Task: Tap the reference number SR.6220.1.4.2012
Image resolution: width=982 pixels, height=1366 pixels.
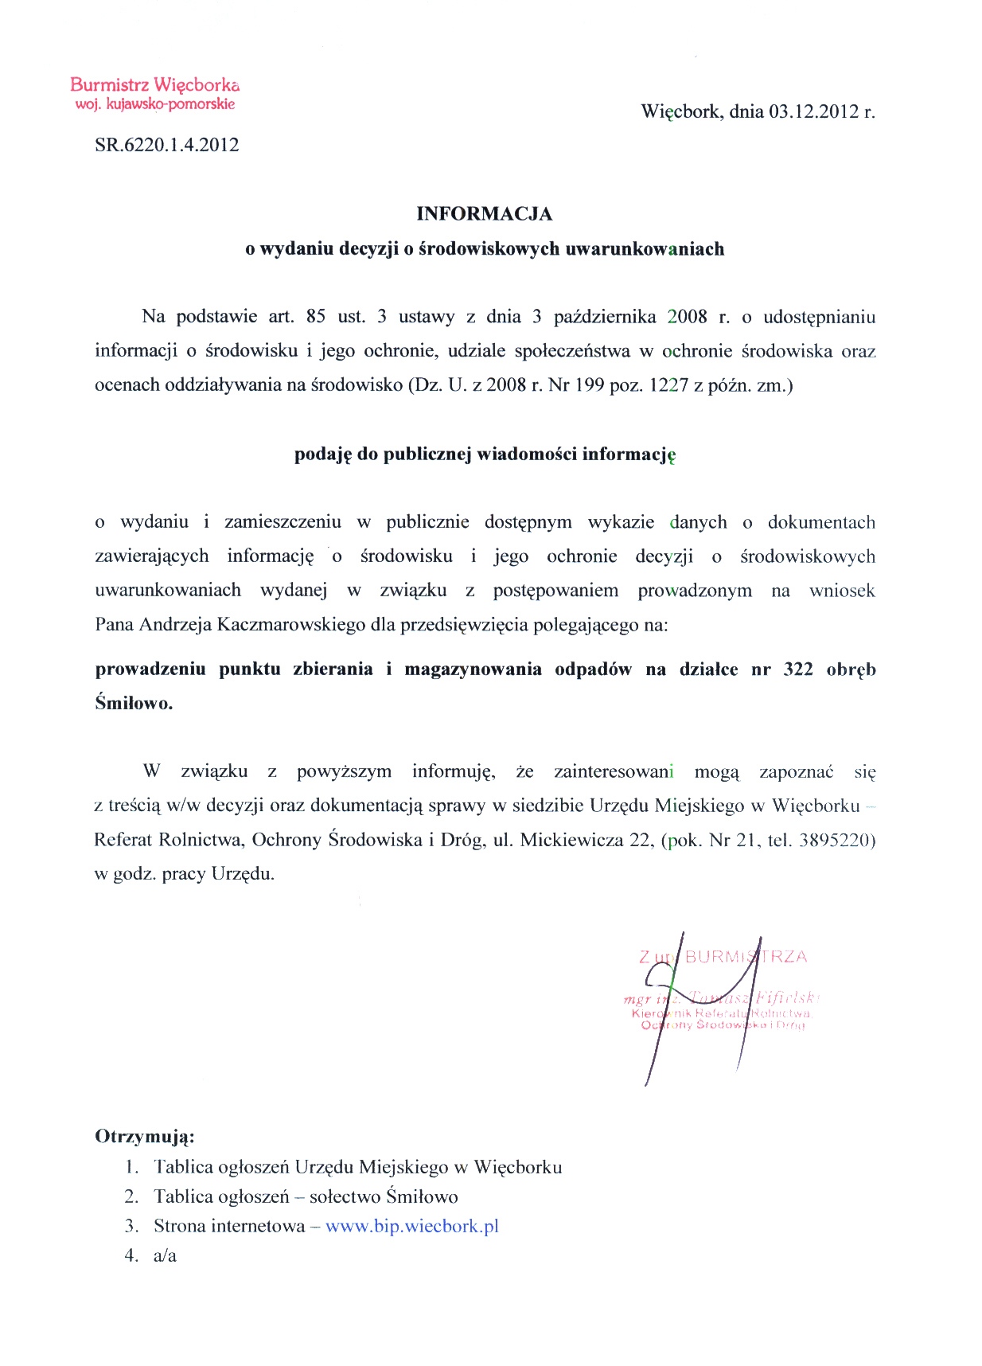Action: click(x=166, y=145)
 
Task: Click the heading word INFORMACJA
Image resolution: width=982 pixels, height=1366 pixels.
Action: click(x=484, y=213)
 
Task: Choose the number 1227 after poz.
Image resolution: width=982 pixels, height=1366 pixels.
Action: click(x=668, y=385)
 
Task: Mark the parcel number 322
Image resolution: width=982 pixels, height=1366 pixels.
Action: click(x=798, y=669)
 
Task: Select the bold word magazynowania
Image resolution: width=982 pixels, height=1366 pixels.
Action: click(x=473, y=669)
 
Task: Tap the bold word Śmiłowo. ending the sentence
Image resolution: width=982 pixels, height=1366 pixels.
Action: click(x=134, y=703)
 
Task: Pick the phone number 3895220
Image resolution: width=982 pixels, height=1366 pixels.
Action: click(x=837, y=840)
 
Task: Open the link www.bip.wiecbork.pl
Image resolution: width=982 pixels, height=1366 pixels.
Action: click(x=412, y=1226)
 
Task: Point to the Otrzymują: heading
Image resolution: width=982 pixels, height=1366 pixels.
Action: click(x=145, y=1136)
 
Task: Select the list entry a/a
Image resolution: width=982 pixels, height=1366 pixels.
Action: click(x=165, y=1255)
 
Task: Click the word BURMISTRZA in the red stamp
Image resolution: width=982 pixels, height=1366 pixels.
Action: click(x=746, y=957)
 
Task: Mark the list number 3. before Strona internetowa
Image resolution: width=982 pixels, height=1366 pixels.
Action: click(x=131, y=1226)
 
